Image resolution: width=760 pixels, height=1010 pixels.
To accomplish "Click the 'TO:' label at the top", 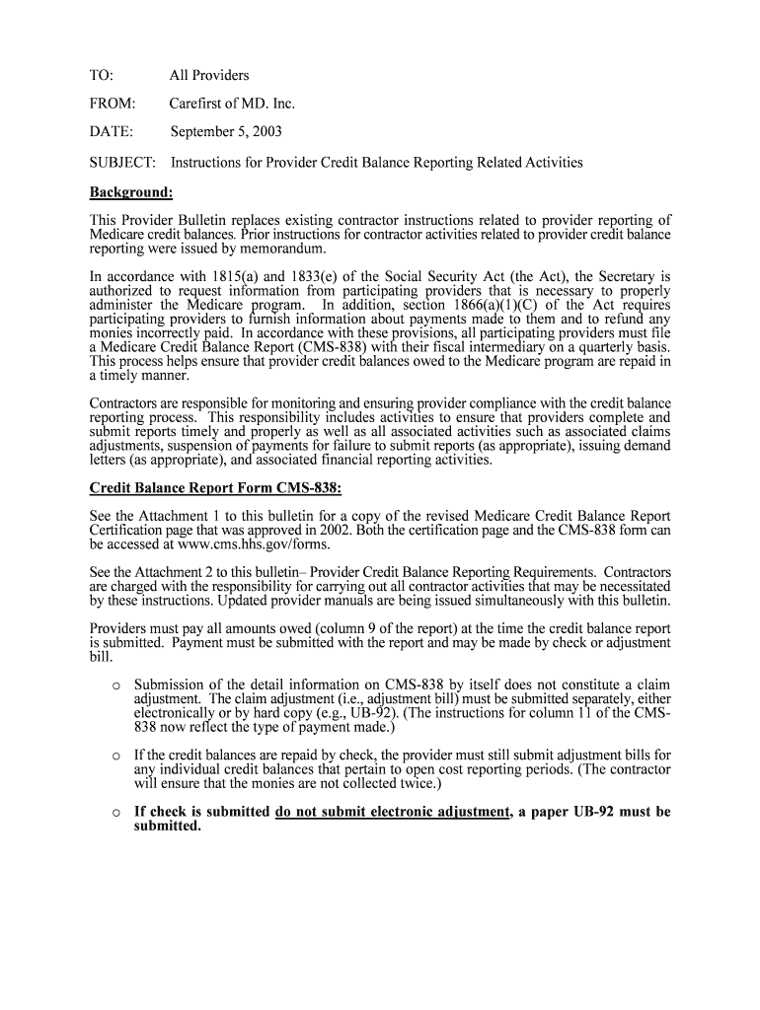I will click(x=102, y=75).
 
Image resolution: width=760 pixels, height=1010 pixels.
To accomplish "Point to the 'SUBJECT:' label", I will click(x=122, y=162).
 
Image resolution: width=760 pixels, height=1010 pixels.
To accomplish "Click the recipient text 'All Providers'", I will click(x=209, y=75).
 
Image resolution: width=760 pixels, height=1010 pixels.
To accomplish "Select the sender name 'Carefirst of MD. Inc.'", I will click(x=232, y=104).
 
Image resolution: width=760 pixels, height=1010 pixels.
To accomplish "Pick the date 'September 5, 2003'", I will click(x=226, y=132).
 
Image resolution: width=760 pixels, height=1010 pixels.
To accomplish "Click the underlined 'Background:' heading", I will click(x=131, y=191).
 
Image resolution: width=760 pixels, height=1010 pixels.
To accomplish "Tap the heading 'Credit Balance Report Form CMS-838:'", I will click(x=216, y=487).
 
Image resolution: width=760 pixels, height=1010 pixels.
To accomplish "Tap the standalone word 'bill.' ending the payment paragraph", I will click(x=102, y=656).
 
